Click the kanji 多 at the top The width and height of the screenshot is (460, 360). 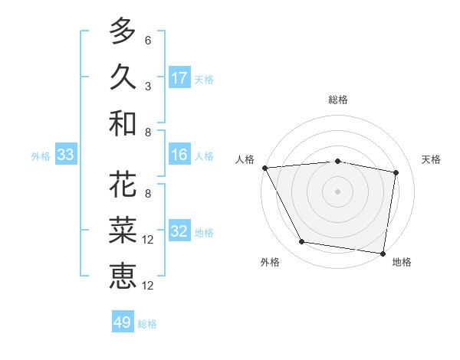[x=122, y=31]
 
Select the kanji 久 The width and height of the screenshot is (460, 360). [x=122, y=77]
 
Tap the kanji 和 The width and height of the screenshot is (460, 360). [x=122, y=123]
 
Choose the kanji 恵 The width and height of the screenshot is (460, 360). [x=122, y=275]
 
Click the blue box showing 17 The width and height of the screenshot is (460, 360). [x=179, y=78]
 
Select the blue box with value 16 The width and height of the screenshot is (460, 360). [x=179, y=155]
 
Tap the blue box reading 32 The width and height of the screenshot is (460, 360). [x=179, y=232]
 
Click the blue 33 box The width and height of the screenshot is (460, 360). [x=66, y=155]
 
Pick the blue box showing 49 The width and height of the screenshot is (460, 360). [x=123, y=322]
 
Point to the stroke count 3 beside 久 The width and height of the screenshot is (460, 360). [x=148, y=87]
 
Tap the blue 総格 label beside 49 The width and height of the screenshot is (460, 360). [x=147, y=324]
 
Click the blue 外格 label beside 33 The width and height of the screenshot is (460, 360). [x=41, y=156]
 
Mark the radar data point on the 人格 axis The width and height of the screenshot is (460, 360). [x=264, y=168]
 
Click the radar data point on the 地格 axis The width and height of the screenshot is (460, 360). [x=383, y=253]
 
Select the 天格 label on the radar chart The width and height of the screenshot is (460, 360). [x=432, y=159]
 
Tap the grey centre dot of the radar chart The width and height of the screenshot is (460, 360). [x=337, y=191]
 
